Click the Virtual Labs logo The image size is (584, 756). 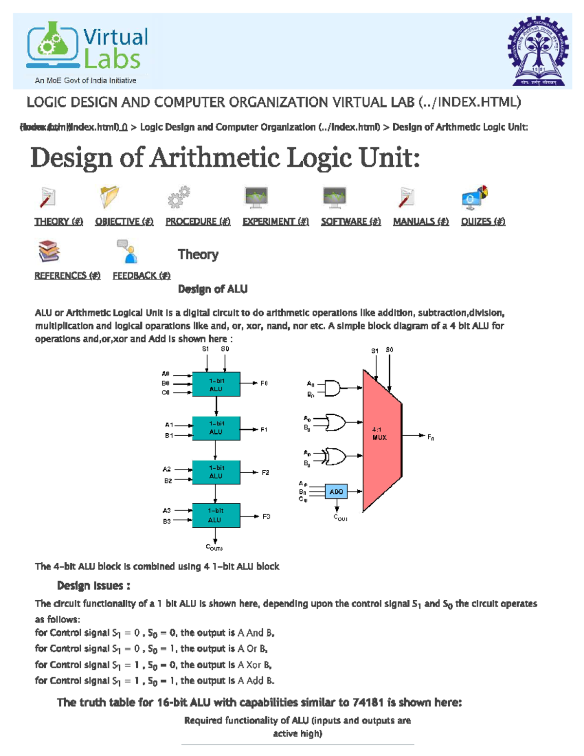pos(88,52)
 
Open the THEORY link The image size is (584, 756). pos(58,221)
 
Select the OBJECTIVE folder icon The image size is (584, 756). pos(109,197)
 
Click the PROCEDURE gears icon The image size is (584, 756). pos(179,197)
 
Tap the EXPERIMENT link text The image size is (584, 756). pos(275,221)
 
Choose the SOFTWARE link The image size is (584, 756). pos(350,221)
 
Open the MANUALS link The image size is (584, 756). pos(420,221)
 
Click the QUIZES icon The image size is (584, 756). pos(474,197)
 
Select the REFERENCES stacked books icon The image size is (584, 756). pos(49,251)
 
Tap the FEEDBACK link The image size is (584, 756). pos(142,276)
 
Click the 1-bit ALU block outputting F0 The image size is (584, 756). pos(216,385)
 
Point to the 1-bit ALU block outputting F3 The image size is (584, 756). pos(216,515)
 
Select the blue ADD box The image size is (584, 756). pos(336,492)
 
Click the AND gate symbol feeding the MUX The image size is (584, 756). pos(333,388)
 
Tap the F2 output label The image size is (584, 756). pos(265,472)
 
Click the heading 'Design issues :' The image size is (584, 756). pos(93,586)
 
